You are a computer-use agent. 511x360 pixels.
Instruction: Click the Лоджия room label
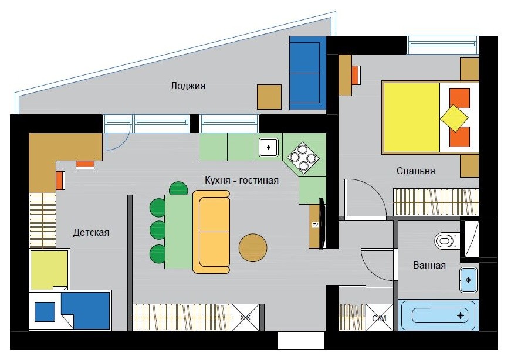click(x=188, y=86)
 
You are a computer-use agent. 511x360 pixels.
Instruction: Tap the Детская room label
click(x=91, y=233)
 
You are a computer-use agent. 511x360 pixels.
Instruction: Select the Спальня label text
click(x=416, y=171)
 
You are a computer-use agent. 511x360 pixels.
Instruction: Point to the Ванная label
click(x=429, y=265)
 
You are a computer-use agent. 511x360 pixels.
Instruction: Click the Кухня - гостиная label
click(x=242, y=180)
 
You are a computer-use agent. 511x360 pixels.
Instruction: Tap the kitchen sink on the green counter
click(x=269, y=148)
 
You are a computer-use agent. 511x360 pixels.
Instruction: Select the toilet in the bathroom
click(x=447, y=241)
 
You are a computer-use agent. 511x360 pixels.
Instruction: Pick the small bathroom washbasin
click(x=468, y=280)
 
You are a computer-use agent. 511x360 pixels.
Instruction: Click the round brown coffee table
click(x=253, y=247)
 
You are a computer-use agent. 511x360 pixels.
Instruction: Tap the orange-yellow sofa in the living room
click(x=212, y=232)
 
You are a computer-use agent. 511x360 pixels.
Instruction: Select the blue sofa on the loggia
click(x=308, y=73)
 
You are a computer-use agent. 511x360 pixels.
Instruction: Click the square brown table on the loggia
click(x=269, y=97)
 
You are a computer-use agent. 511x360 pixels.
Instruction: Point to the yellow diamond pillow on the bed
click(x=454, y=118)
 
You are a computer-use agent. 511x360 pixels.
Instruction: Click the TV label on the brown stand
click(x=315, y=225)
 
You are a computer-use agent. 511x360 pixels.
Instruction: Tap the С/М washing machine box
click(x=380, y=318)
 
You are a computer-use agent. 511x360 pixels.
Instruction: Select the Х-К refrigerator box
click(x=245, y=318)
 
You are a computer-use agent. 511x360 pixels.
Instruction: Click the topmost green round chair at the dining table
click(x=178, y=189)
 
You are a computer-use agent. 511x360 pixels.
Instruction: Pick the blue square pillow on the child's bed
click(x=45, y=312)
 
